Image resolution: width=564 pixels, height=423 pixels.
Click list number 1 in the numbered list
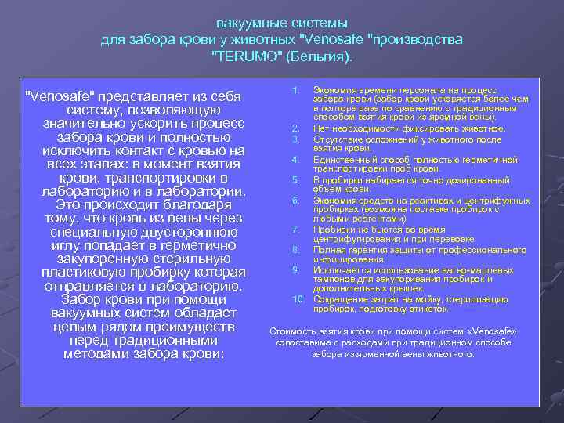pos(295,91)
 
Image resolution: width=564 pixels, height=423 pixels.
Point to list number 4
pos(295,159)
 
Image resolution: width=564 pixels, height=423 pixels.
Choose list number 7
pos(295,230)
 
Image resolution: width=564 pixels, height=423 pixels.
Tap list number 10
pos(298,299)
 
